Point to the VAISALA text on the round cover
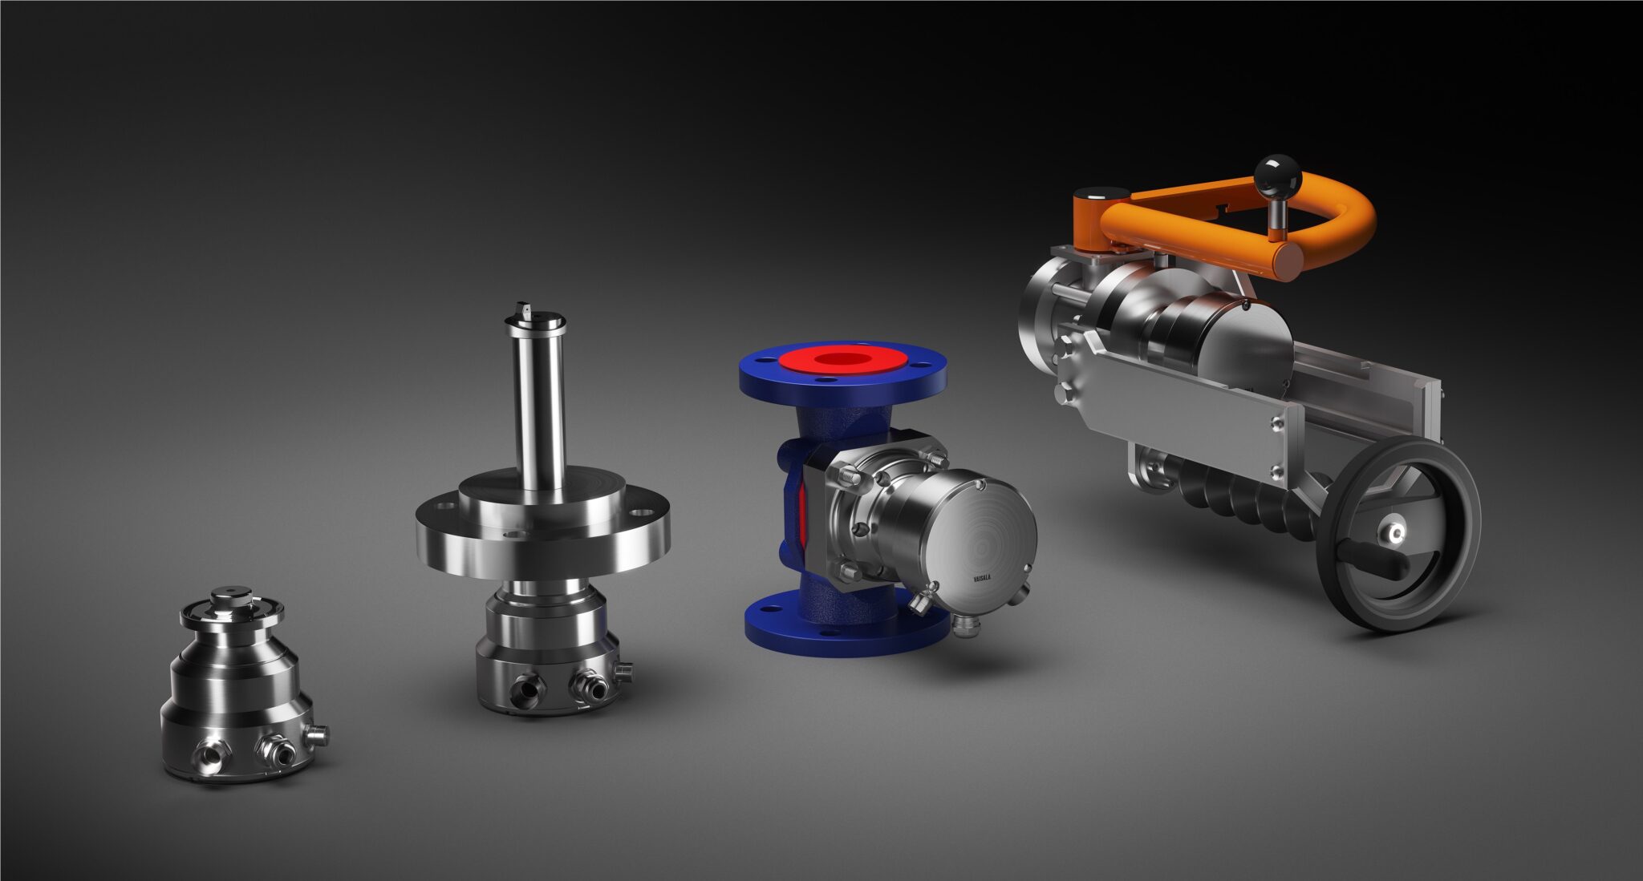tap(981, 576)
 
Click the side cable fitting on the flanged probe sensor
tap(623, 667)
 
